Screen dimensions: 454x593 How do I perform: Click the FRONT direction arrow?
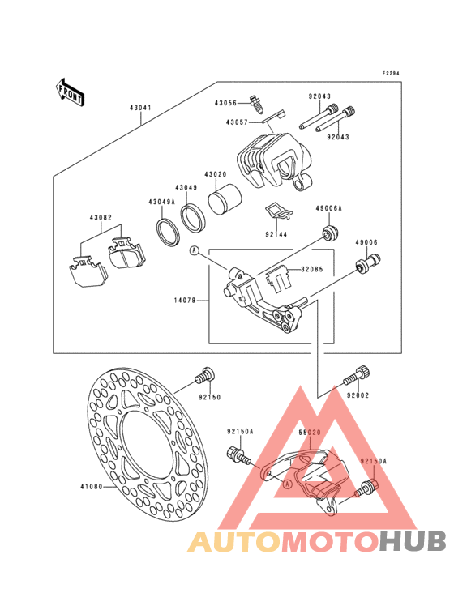70,92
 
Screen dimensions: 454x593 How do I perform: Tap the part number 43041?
140,108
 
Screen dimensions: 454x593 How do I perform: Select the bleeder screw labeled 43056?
256,104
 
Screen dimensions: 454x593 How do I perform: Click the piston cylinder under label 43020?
225,200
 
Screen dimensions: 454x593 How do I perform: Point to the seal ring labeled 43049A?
166,231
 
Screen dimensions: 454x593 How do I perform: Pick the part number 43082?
101,218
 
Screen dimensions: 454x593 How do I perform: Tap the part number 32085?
312,270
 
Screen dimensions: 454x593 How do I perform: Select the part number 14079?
185,301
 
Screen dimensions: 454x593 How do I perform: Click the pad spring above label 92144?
278,211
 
